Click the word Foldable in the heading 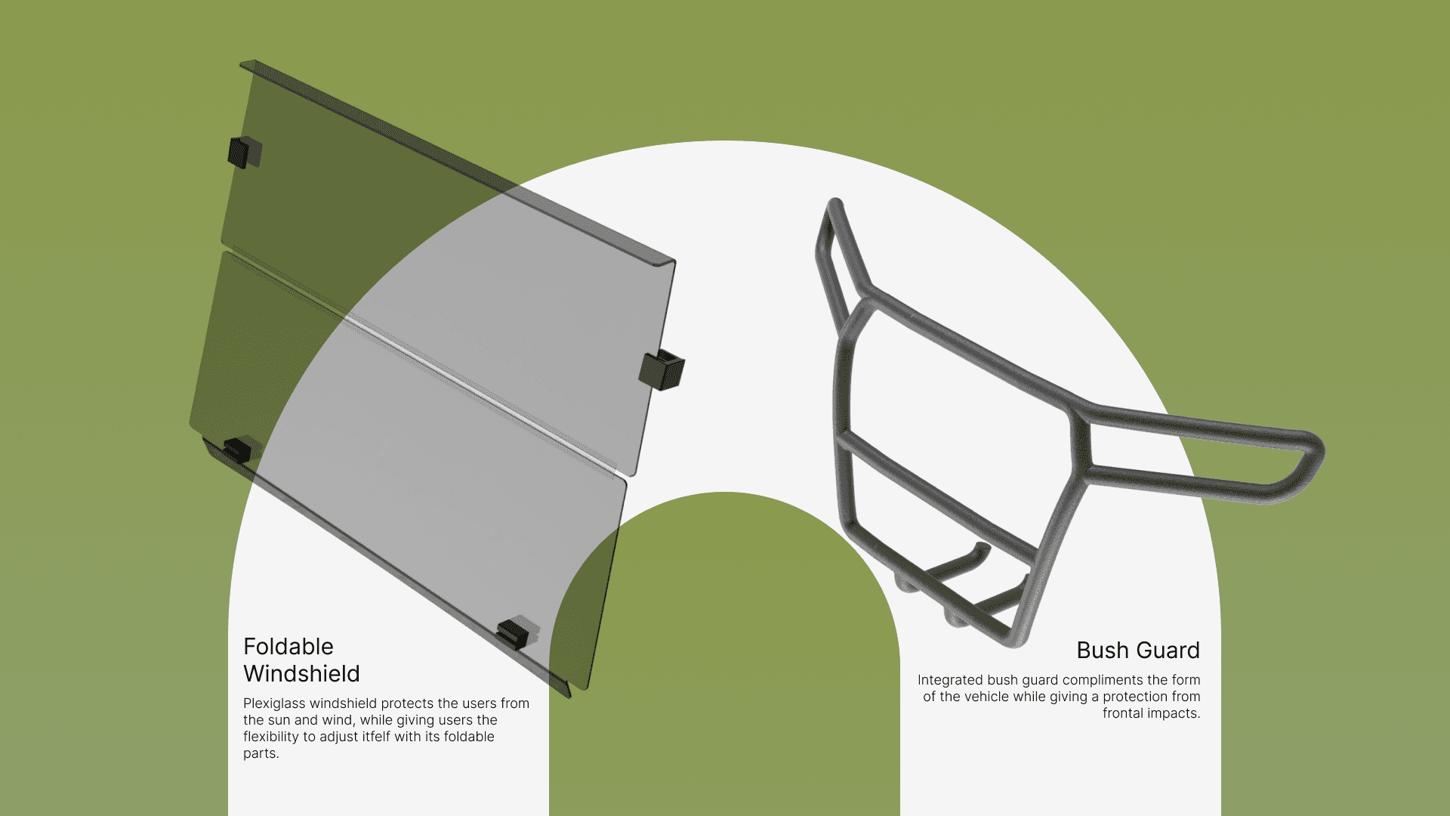[288, 647]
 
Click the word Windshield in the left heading [301, 674]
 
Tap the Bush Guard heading [1138, 651]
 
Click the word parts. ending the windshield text [261, 754]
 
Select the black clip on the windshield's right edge [662, 369]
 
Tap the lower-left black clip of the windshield [237, 449]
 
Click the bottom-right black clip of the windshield [516, 633]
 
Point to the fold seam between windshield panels [423, 360]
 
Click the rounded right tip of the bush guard [1315, 453]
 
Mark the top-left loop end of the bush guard [835, 206]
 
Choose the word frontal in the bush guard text [1121, 714]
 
